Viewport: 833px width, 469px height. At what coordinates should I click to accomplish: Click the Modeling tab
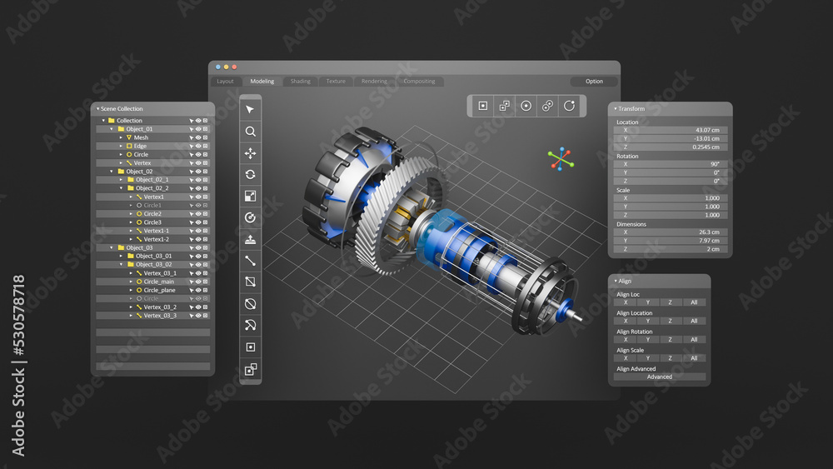tap(262, 82)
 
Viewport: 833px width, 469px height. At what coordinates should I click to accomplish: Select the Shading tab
tap(301, 82)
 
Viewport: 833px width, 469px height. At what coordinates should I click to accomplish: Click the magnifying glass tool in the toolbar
tap(250, 132)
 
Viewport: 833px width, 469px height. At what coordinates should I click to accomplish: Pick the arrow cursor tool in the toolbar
tap(250, 110)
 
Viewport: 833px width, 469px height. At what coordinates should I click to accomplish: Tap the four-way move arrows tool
tap(250, 153)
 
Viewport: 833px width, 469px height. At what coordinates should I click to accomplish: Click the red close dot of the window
tap(234, 67)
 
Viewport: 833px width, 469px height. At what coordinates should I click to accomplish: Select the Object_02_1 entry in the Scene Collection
tap(152, 180)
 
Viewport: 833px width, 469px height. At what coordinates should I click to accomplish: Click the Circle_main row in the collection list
tap(158, 282)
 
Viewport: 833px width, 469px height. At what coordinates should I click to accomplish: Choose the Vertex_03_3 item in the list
tap(159, 316)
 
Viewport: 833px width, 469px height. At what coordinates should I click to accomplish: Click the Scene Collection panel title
tap(122, 109)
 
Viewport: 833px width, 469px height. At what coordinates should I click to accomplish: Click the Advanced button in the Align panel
tap(660, 377)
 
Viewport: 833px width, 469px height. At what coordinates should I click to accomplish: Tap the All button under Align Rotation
tap(694, 339)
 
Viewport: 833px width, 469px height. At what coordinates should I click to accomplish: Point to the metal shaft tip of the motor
tap(577, 318)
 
